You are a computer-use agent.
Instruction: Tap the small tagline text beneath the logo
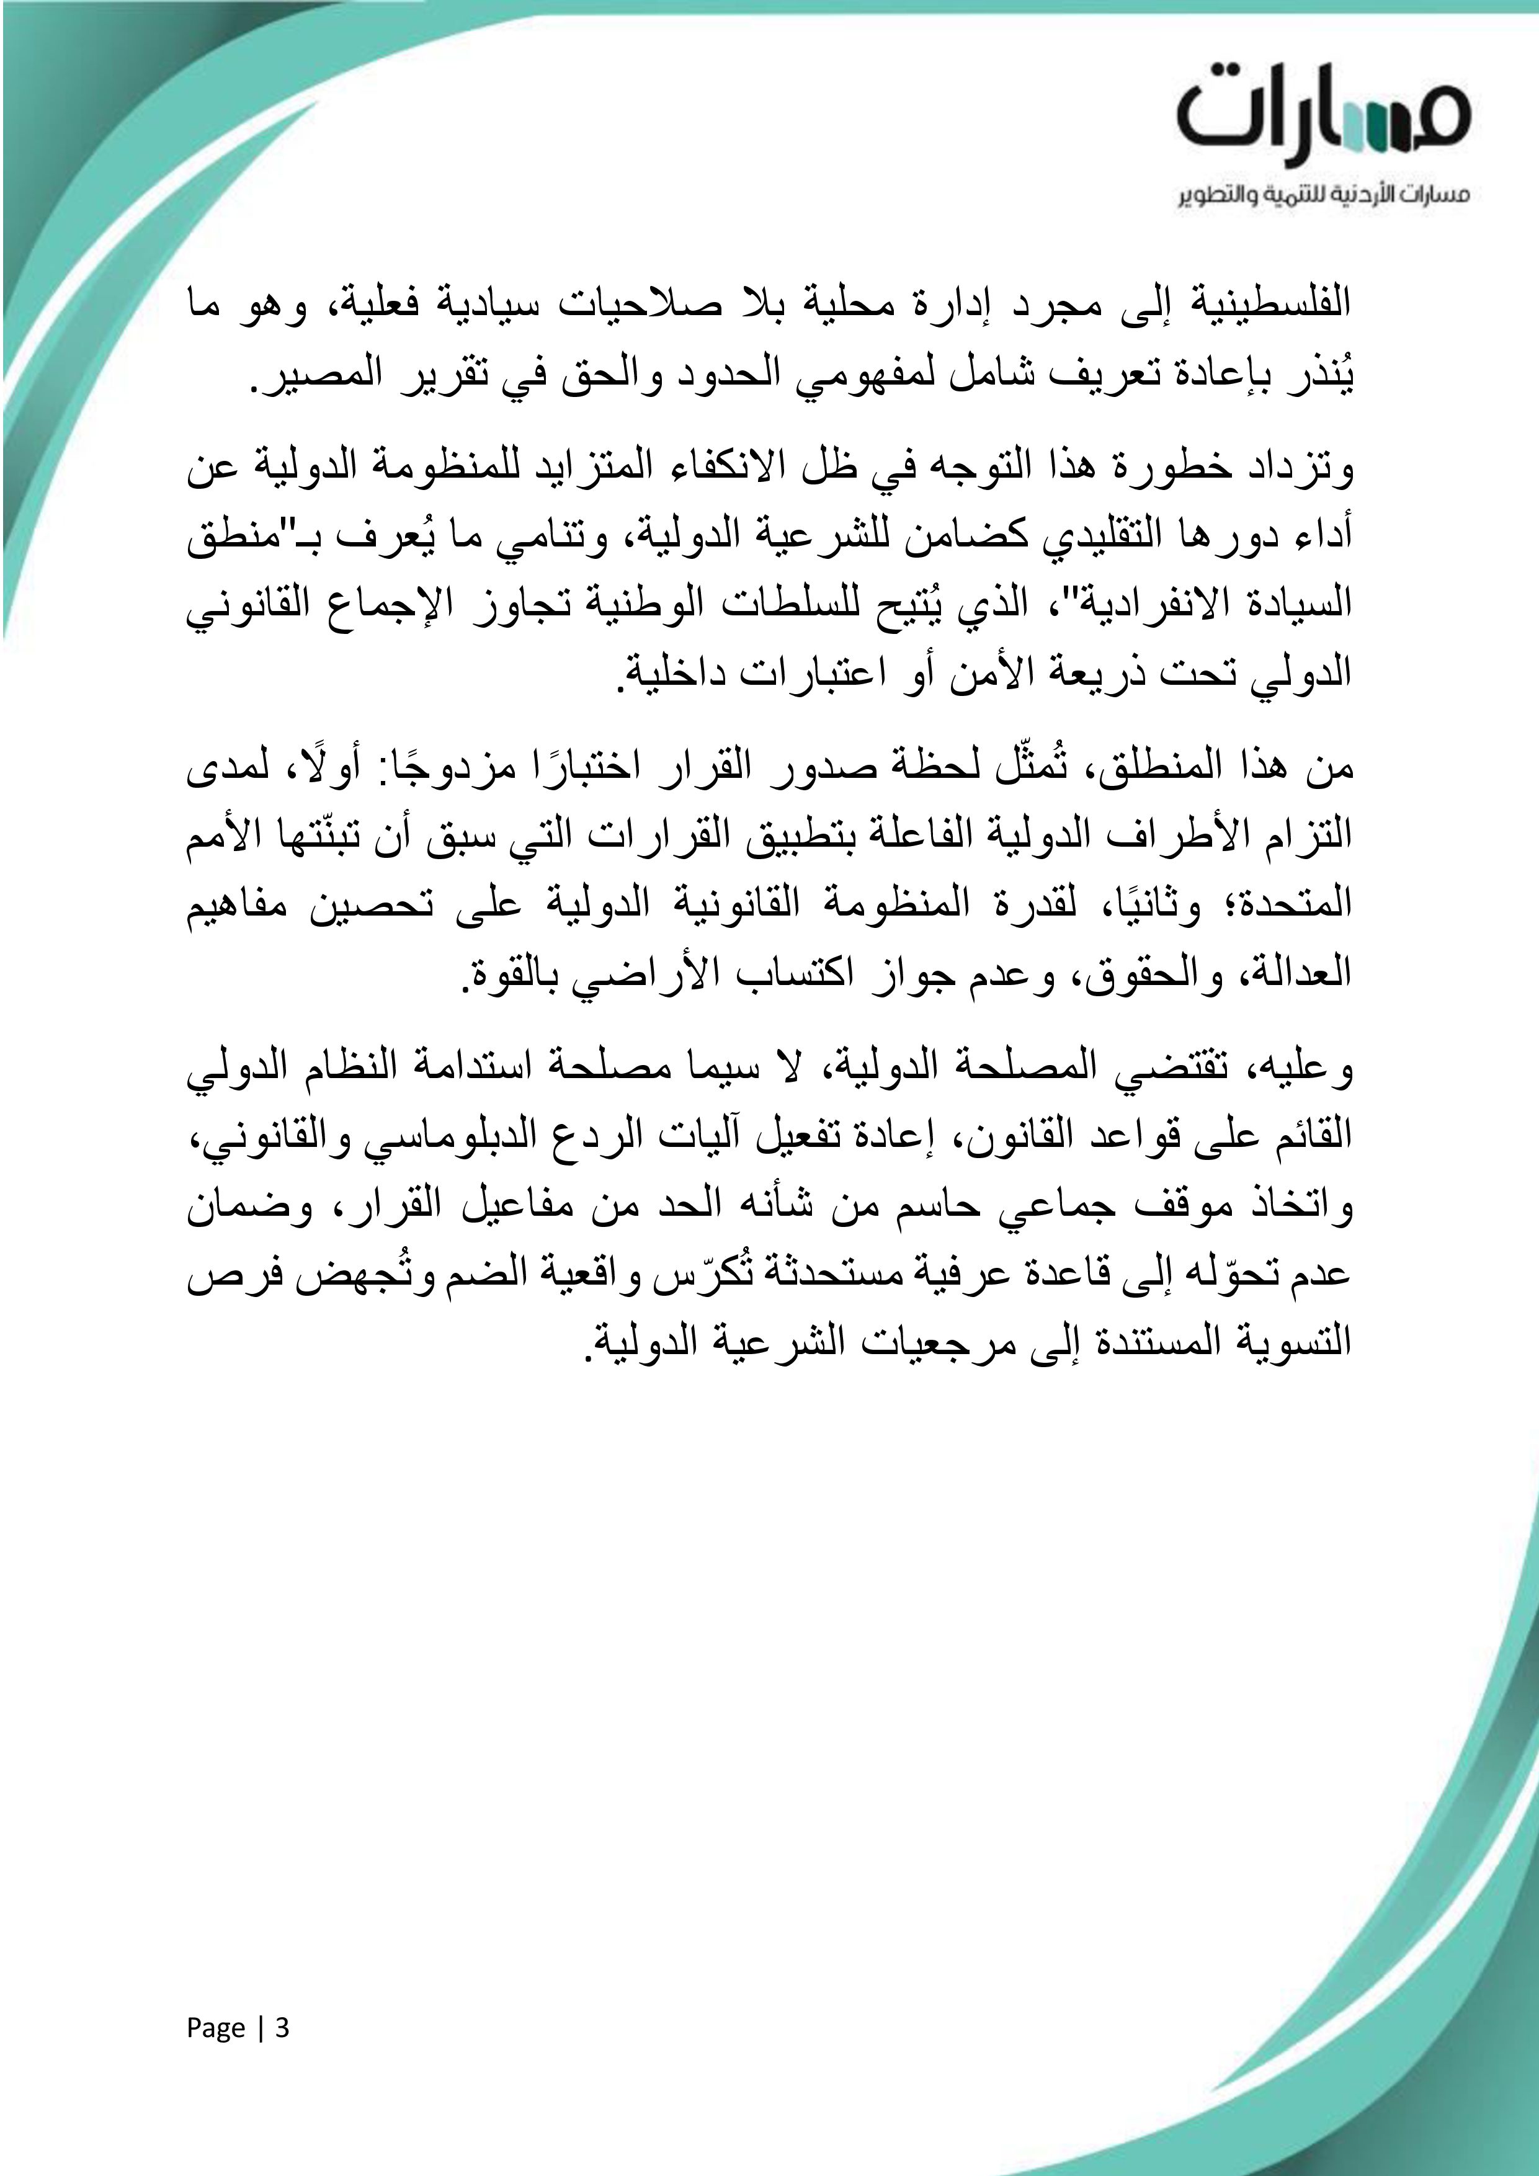coord(1324,196)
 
